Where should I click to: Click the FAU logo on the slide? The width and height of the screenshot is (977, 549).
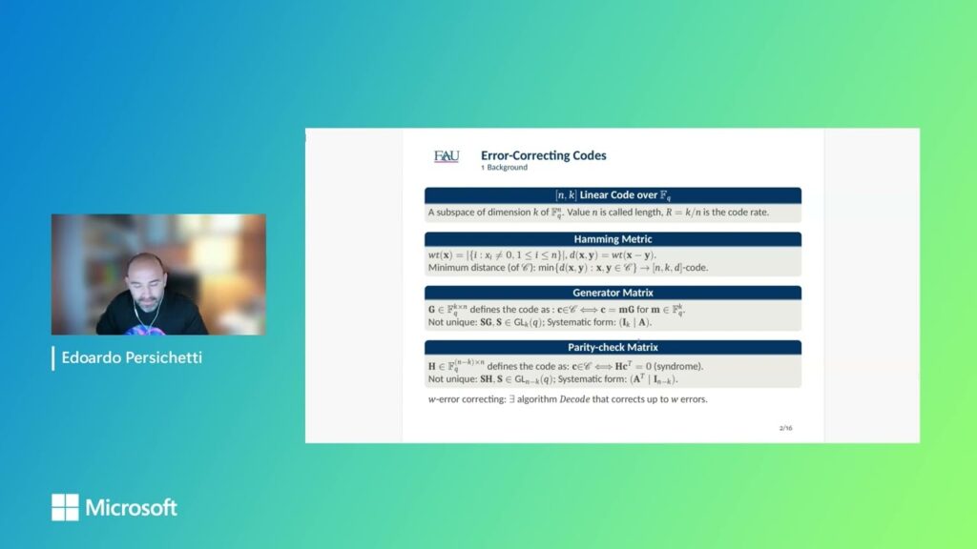pos(447,156)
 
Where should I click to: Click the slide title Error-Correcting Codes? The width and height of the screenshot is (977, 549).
pos(543,155)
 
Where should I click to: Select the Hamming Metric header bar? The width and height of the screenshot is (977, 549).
pos(613,239)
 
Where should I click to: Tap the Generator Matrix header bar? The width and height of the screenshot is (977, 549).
pos(613,294)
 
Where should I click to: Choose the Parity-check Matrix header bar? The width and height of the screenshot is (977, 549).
pos(613,348)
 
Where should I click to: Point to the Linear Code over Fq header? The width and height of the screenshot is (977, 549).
pos(613,195)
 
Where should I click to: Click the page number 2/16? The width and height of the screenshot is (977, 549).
pos(785,428)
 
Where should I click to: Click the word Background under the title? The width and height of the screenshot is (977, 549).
pos(507,168)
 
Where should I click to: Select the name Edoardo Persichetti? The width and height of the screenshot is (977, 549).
pos(132,358)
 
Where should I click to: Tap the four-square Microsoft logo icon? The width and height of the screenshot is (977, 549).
pos(65,507)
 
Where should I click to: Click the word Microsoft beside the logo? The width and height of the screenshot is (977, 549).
pos(132,507)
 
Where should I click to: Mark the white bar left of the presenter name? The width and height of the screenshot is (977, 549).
pos(53,358)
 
